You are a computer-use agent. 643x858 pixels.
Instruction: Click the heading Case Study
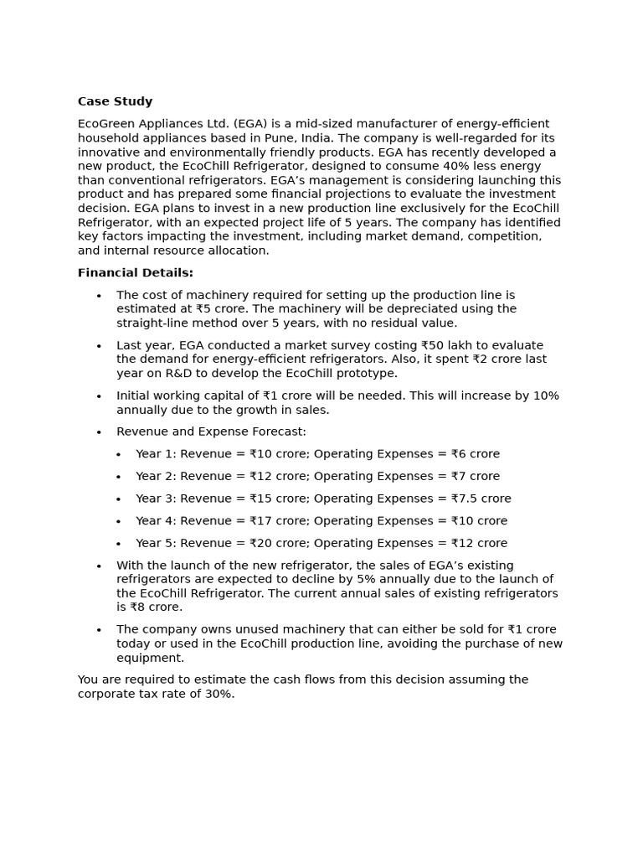115,101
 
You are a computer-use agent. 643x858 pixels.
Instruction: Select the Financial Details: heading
135,272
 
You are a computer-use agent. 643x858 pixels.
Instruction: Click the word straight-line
152,323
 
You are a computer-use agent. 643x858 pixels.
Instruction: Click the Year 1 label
155,454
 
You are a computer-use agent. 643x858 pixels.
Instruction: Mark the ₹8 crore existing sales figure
156,607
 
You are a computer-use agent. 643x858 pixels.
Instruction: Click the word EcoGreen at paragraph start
108,124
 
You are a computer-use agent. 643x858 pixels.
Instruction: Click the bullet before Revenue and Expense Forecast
99,432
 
